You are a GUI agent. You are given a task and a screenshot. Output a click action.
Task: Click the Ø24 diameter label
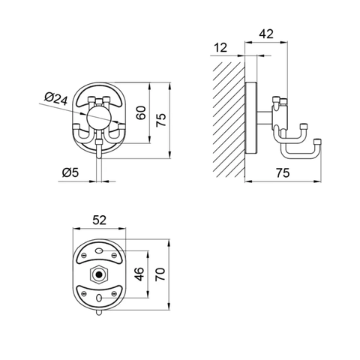click(56, 98)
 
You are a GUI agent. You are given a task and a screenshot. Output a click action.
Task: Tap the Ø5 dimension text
click(70, 172)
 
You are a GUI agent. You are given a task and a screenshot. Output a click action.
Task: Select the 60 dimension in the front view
click(141, 113)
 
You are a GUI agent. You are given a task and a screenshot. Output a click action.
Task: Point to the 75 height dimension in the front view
click(161, 120)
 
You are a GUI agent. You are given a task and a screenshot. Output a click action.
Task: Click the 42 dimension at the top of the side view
click(266, 34)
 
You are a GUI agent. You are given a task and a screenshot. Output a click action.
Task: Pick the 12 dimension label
click(220, 47)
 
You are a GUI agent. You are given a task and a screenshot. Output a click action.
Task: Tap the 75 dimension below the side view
click(283, 173)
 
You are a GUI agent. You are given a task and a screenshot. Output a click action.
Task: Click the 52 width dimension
click(100, 220)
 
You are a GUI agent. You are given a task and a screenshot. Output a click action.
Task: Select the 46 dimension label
click(139, 274)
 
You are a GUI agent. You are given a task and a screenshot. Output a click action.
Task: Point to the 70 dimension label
click(160, 274)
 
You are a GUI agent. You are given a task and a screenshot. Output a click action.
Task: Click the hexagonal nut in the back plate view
click(99, 275)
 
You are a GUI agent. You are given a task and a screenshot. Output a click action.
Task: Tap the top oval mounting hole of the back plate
click(99, 250)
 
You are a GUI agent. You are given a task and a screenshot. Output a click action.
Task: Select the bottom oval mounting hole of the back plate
click(99, 298)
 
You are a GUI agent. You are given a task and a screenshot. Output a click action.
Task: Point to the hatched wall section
click(228, 118)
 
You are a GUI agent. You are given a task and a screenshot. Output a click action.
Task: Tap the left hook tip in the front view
click(76, 127)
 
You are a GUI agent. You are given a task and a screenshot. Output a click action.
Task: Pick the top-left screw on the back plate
click(83, 255)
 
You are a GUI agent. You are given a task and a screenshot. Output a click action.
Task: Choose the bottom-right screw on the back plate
click(114, 293)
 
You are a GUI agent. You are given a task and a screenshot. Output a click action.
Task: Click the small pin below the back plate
click(99, 313)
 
